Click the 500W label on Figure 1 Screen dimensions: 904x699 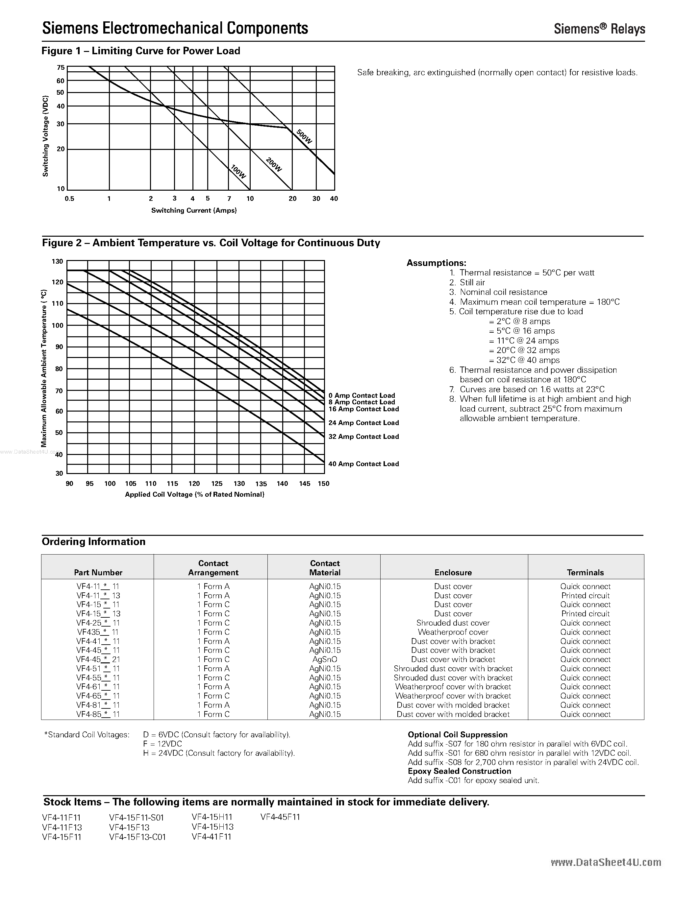click(x=304, y=137)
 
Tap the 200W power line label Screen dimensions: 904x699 click(x=274, y=165)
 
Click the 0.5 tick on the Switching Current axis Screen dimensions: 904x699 click(x=69, y=199)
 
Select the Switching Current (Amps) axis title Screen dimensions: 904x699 click(x=194, y=210)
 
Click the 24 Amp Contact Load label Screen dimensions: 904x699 click(x=363, y=423)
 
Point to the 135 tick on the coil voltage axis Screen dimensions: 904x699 click(x=261, y=484)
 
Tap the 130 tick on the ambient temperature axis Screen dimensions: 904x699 click(x=58, y=261)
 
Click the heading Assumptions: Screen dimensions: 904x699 click(x=437, y=263)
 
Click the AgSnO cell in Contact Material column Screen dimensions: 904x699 click(x=325, y=659)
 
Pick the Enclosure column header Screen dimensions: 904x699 click(x=453, y=572)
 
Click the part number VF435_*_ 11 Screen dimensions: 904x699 click(x=98, y=632)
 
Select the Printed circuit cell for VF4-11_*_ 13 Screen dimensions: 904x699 click(x=585, y=596)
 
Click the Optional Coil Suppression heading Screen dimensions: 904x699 click(x=458, y=734)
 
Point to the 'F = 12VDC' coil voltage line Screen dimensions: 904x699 click(x=162, y=744)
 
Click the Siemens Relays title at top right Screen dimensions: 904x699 click(x=599, y=29)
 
